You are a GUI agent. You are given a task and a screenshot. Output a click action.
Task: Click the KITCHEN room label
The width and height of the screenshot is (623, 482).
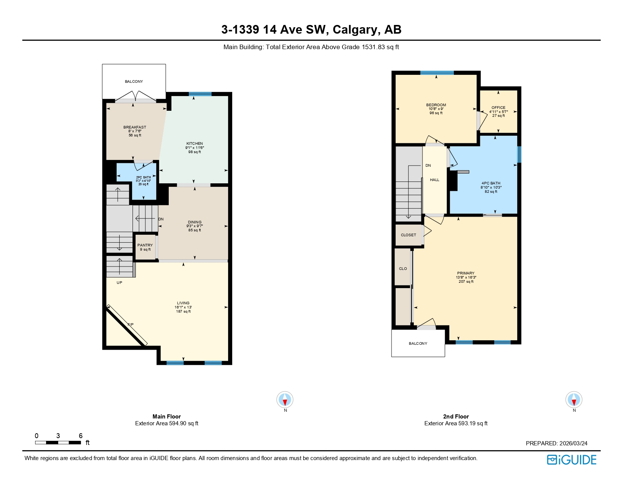[x=194, y=144]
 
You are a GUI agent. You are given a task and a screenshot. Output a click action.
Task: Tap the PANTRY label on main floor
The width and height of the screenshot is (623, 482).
[x=145, y=245]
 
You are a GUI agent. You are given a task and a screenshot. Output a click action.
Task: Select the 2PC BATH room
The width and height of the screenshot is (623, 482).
[x=143, y=181]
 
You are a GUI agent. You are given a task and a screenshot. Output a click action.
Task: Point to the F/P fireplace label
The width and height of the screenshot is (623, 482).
[x=130, y=325]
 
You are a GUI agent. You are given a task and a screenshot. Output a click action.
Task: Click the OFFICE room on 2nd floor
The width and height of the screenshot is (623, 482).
[x=498, y=112]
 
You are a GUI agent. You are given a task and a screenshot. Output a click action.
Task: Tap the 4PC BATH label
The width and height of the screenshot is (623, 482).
[x=491, y=183]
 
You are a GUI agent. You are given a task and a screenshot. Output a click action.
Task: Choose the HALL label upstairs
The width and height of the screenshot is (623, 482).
[x=435, y=180]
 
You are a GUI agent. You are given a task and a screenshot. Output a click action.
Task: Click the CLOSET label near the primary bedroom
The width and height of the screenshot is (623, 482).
[x=409, y=235]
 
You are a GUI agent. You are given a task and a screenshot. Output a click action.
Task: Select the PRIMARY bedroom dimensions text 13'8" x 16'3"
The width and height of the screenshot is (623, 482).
[x=466, y=277]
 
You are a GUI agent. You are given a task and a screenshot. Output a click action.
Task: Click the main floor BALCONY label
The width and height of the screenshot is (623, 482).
[x=134, y=82]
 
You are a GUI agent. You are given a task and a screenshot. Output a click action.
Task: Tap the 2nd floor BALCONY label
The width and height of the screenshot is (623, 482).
[x=418, y=344]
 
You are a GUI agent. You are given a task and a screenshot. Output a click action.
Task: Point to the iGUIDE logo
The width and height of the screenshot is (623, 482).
[x=572, y=460]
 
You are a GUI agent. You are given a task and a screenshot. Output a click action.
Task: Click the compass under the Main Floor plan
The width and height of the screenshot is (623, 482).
[x=285, y=400]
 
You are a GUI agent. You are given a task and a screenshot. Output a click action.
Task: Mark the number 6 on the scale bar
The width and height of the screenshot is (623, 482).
[x=80, y=436]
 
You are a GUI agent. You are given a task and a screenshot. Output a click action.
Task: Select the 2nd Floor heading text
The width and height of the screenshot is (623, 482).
[x=456, y=416]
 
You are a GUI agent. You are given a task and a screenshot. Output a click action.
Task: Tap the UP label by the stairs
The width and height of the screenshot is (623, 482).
[x=119, y=283]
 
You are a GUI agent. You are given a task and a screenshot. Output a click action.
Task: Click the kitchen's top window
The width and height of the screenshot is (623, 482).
[x=200, y=94]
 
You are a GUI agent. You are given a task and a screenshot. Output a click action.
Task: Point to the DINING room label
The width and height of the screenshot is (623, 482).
[x=194, y=222]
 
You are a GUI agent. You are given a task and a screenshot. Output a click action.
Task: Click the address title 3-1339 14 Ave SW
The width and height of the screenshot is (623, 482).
[x=275, y=29]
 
